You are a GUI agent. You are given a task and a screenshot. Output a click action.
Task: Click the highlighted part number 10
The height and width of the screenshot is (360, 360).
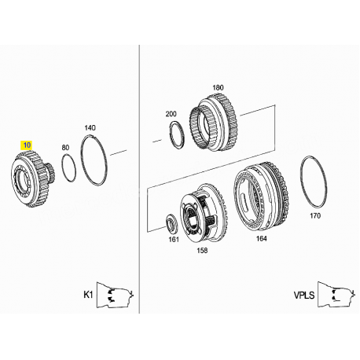point(28,145)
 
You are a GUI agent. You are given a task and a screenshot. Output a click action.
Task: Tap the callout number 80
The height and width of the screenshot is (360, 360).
point(65,148)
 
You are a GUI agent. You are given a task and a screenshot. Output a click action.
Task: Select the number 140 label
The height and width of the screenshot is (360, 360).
point(90,128)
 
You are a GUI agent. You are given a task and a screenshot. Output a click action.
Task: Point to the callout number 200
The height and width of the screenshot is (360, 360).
point(171,114)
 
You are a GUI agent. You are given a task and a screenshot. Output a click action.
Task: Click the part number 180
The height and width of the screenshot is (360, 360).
point(218,87)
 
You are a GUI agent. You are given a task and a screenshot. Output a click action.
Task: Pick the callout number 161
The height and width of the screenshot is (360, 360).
point(174,239)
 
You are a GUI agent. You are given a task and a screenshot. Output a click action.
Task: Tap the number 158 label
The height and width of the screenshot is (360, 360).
point(202,251)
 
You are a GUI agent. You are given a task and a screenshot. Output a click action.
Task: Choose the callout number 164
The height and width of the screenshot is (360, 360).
point(261,238)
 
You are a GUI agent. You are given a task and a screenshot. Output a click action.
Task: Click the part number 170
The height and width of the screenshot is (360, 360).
point(315,216)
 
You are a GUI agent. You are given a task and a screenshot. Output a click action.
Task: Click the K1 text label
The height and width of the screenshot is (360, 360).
point(88,295)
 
